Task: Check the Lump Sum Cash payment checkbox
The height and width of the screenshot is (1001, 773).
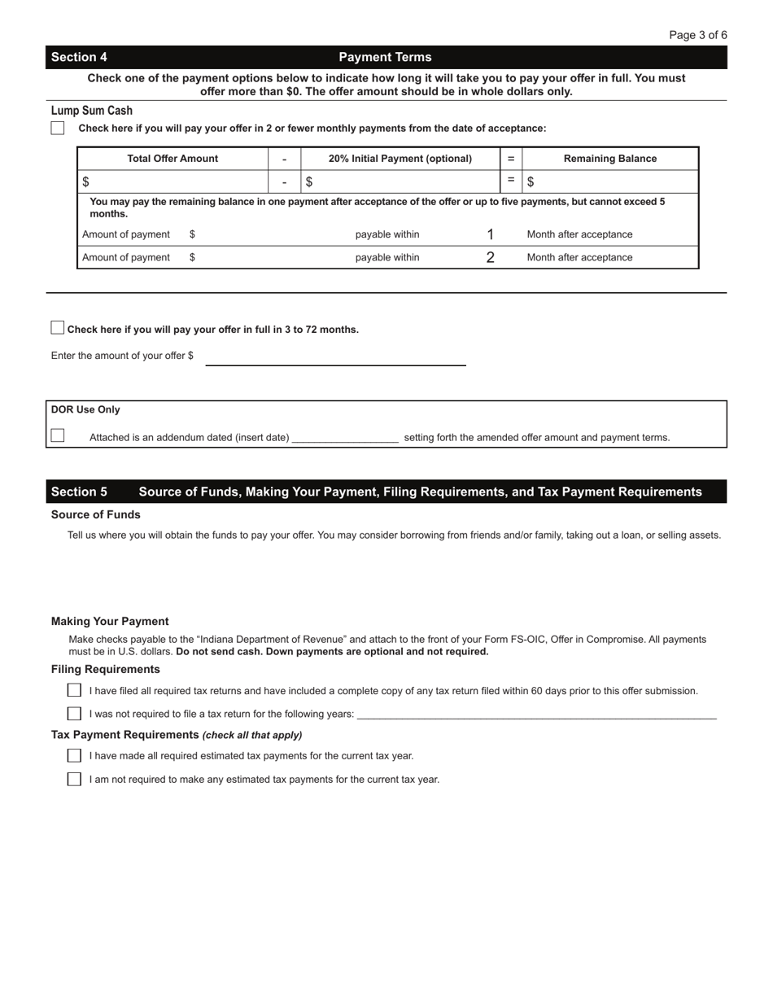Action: pyautogui.click(x=58, y=128)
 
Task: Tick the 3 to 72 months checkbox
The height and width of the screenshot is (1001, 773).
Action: pyautogui.click(x=58, y=328)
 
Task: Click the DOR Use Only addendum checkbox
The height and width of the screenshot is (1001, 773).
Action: pyautogui.click(x=58, y=435)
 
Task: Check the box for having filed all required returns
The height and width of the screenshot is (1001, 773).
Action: pyautogui.click(x=74, y=690)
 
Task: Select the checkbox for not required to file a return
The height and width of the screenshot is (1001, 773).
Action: pyautogui.click(x=74, y=714)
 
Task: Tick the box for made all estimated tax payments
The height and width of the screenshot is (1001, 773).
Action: pyautogui.click(x=74, y=755)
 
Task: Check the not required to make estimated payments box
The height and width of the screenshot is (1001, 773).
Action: pyautogui.click(x=74, y=779)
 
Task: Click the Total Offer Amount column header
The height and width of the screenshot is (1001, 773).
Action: pyautogui.click(x=173, y=159)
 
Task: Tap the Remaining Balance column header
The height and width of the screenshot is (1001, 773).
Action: pyautogui.click(x=610, y=159)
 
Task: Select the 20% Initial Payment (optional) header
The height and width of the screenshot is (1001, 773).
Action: pyautogui.click(x=400, y=159)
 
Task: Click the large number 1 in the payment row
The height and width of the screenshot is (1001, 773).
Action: pyautogui.click(x=491, y=234)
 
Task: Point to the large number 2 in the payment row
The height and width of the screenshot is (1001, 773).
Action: pyautogui.click(x=491, y=257)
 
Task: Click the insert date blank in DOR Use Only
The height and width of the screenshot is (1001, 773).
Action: pyautogui.click(x=345, y=437)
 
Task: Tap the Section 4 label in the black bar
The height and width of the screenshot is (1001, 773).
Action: pyautogui.click(x=79, y=57)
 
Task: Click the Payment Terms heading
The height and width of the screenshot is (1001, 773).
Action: pyautogui.click(x=385, y=57)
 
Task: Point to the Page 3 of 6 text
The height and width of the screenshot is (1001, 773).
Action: pyautogui.click(x=698, y=35)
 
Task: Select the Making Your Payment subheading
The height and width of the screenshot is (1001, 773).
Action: pyautogui.click(x=110, y=621)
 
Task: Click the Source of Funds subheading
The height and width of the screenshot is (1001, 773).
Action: pyautogui.click(x=96, y=514)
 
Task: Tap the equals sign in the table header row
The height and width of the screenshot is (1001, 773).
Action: pyautogui.click(x=511, y=159)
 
